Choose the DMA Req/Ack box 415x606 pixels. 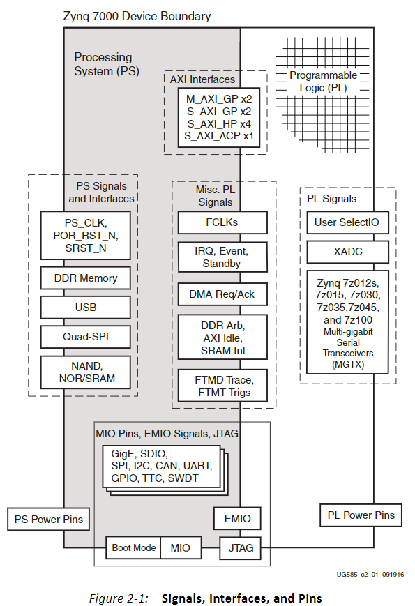(222, 294)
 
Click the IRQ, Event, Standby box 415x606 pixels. (222, 257)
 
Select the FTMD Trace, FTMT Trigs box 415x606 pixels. (222, 386)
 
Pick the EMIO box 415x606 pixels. (236, 519)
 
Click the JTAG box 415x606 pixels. (236, 548)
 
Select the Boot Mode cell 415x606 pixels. (134, 548)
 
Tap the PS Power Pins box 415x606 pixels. (49, 519)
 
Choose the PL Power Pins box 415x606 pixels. (361, 515)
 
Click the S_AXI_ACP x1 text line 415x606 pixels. (220, 135)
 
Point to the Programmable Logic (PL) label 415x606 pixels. (323, 82)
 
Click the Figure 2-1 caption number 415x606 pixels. (118, 598)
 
